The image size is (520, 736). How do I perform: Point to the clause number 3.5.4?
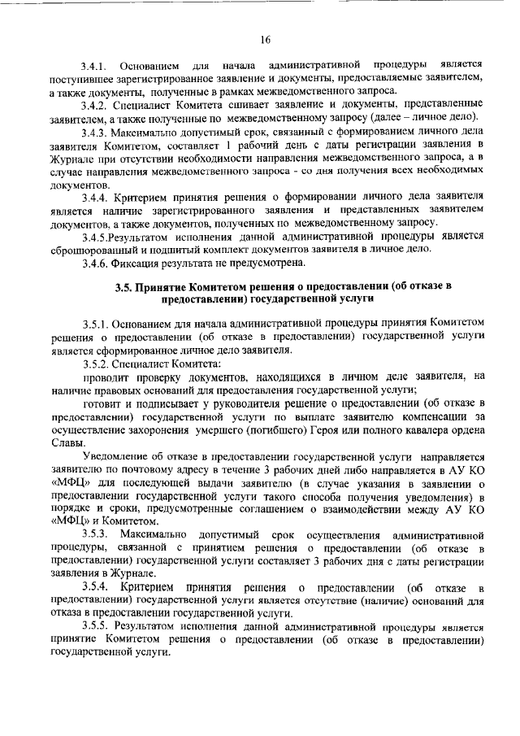tap(94, 586)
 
